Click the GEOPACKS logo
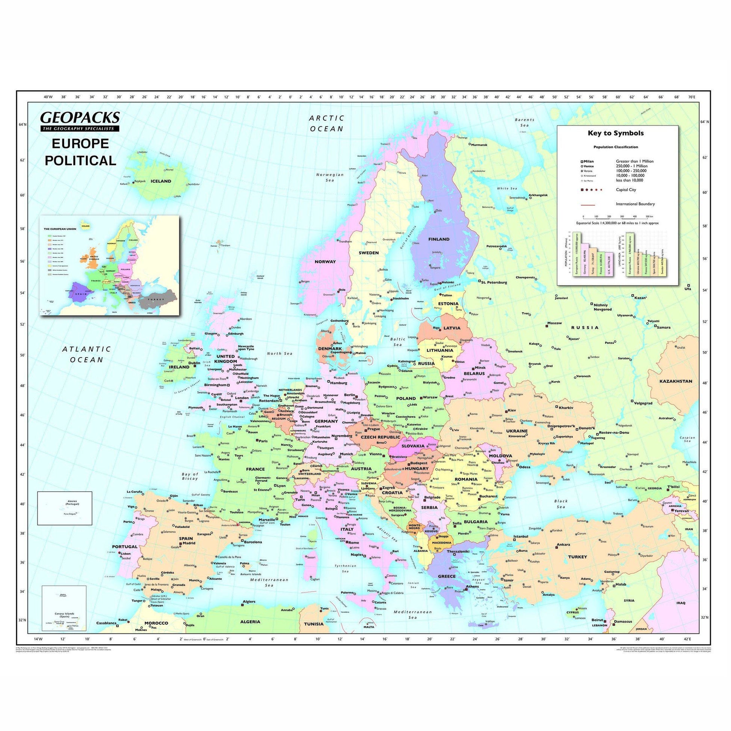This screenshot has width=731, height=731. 80,117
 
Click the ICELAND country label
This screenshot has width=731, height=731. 161,181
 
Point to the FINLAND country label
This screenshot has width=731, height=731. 438,239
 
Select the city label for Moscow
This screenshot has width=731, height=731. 555,323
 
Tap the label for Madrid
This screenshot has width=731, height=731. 189,543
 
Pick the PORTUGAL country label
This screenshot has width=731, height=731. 124,547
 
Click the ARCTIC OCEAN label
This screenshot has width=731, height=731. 327,123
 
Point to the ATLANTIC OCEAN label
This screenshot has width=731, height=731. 87,354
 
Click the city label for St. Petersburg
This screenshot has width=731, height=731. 494,282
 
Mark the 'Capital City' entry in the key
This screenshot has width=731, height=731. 626,190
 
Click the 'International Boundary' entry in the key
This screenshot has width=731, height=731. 635,204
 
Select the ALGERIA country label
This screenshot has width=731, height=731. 251,622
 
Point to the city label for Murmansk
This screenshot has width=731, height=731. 479,145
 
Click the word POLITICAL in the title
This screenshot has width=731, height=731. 81,160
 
